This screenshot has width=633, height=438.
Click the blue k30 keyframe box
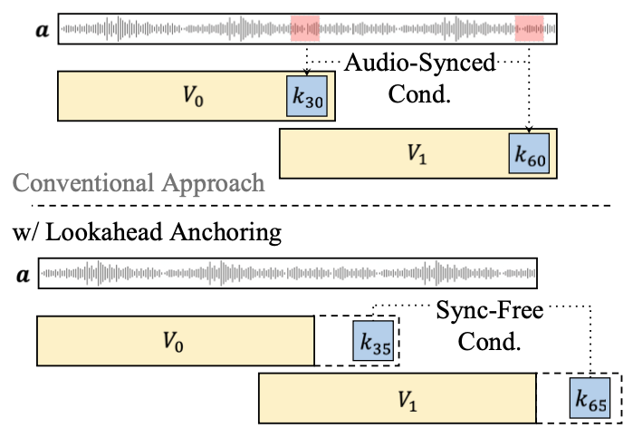(305, 98)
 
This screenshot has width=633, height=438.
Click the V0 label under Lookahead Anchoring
(173, 341)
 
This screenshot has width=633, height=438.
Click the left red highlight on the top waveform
(305, 29)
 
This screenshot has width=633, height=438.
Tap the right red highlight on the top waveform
(529, 29)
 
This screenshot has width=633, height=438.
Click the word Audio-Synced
(419, 65)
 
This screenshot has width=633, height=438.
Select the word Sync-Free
(489, 312)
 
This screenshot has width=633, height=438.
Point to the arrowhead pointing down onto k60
(529, 129)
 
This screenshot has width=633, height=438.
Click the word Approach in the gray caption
(216, 184)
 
